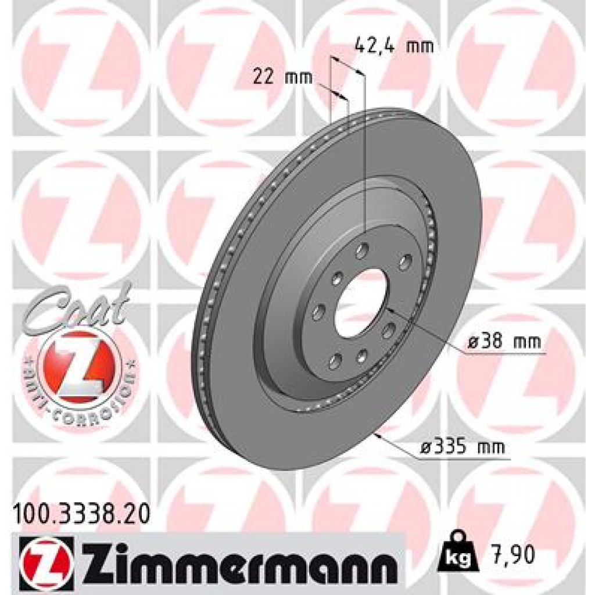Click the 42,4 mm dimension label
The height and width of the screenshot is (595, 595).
(394, 46)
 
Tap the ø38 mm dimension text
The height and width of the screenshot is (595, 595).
(504, 343)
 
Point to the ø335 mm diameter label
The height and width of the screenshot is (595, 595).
(462, 448)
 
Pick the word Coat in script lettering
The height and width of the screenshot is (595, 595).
(78, 305)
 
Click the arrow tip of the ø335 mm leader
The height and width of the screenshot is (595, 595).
(378, 433)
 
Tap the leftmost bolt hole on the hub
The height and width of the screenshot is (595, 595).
(318, 314)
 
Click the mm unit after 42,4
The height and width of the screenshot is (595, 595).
(420, 46)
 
